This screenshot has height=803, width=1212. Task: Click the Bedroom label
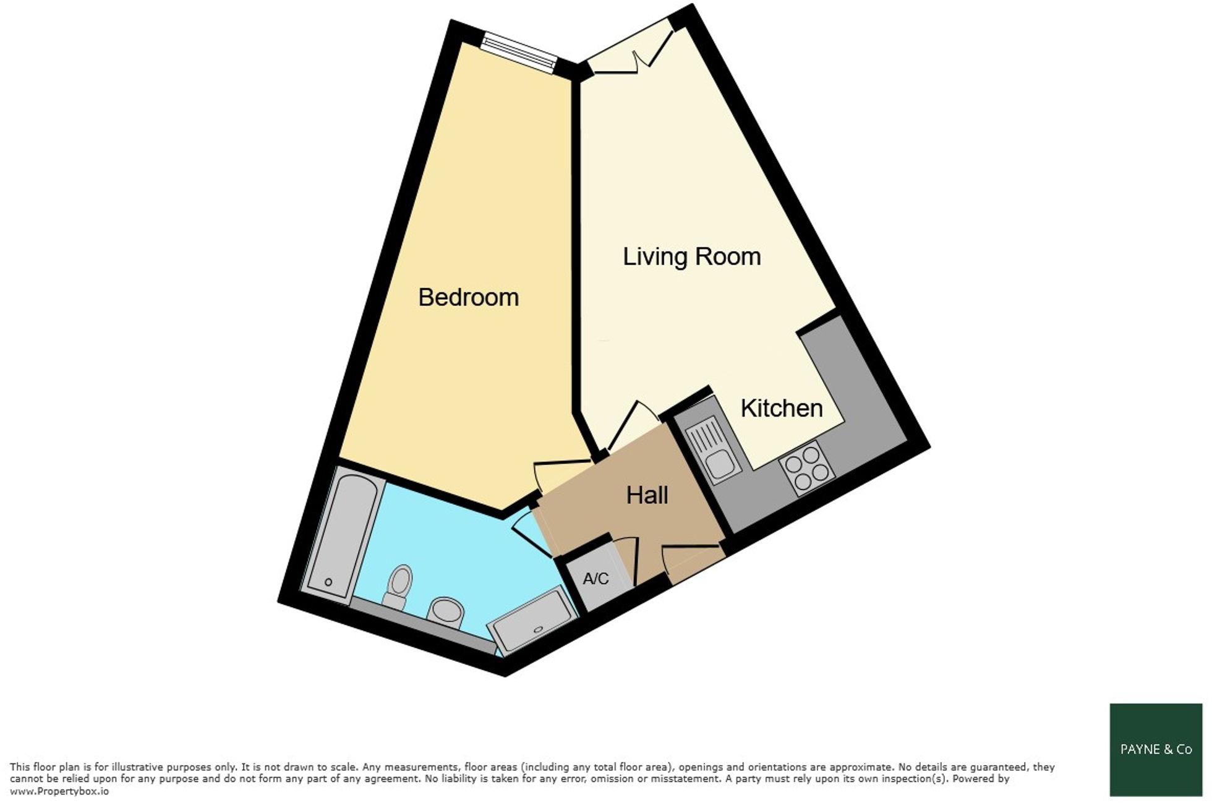[x=468, y=297]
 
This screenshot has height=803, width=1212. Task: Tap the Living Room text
[x=691, y=257]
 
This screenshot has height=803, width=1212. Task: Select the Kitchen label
[x=781, y=408]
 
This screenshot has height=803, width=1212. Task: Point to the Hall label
[x=647, y=495]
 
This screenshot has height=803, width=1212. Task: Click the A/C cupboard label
[x=595, y=579]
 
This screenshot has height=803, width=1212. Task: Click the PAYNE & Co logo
[x=1155, y=749]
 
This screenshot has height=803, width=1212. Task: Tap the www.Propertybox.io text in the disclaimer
[x=59, y=791]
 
